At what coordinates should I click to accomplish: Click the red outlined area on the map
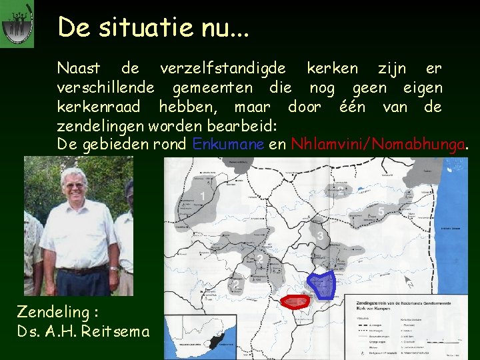[295, 301]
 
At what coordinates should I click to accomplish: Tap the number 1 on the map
[203, 196]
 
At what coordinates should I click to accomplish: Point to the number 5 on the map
[381, 212]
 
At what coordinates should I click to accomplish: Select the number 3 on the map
[320, 236]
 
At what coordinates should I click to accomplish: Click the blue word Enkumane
[224, 145]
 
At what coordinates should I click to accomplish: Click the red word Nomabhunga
[419, 145]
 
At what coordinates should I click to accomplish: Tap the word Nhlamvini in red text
[327, 145]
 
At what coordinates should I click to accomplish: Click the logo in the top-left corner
[17, 24]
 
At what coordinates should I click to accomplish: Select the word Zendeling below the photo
[52, 311]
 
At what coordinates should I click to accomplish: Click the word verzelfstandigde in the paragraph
[223, 69]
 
